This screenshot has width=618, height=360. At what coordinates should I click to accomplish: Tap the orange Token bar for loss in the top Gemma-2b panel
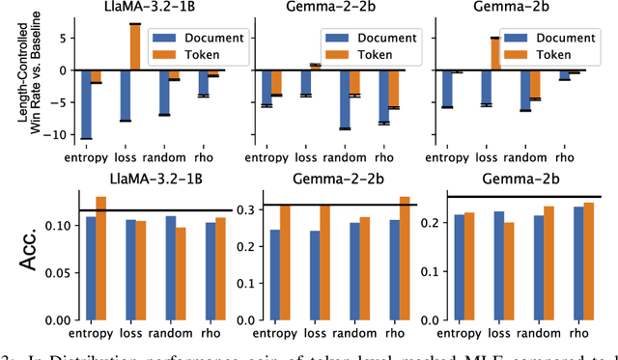tap(494, 54)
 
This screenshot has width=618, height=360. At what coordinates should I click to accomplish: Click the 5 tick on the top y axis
tap(66, 38)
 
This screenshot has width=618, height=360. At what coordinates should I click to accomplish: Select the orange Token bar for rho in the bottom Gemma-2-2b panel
tap(404, 258)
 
